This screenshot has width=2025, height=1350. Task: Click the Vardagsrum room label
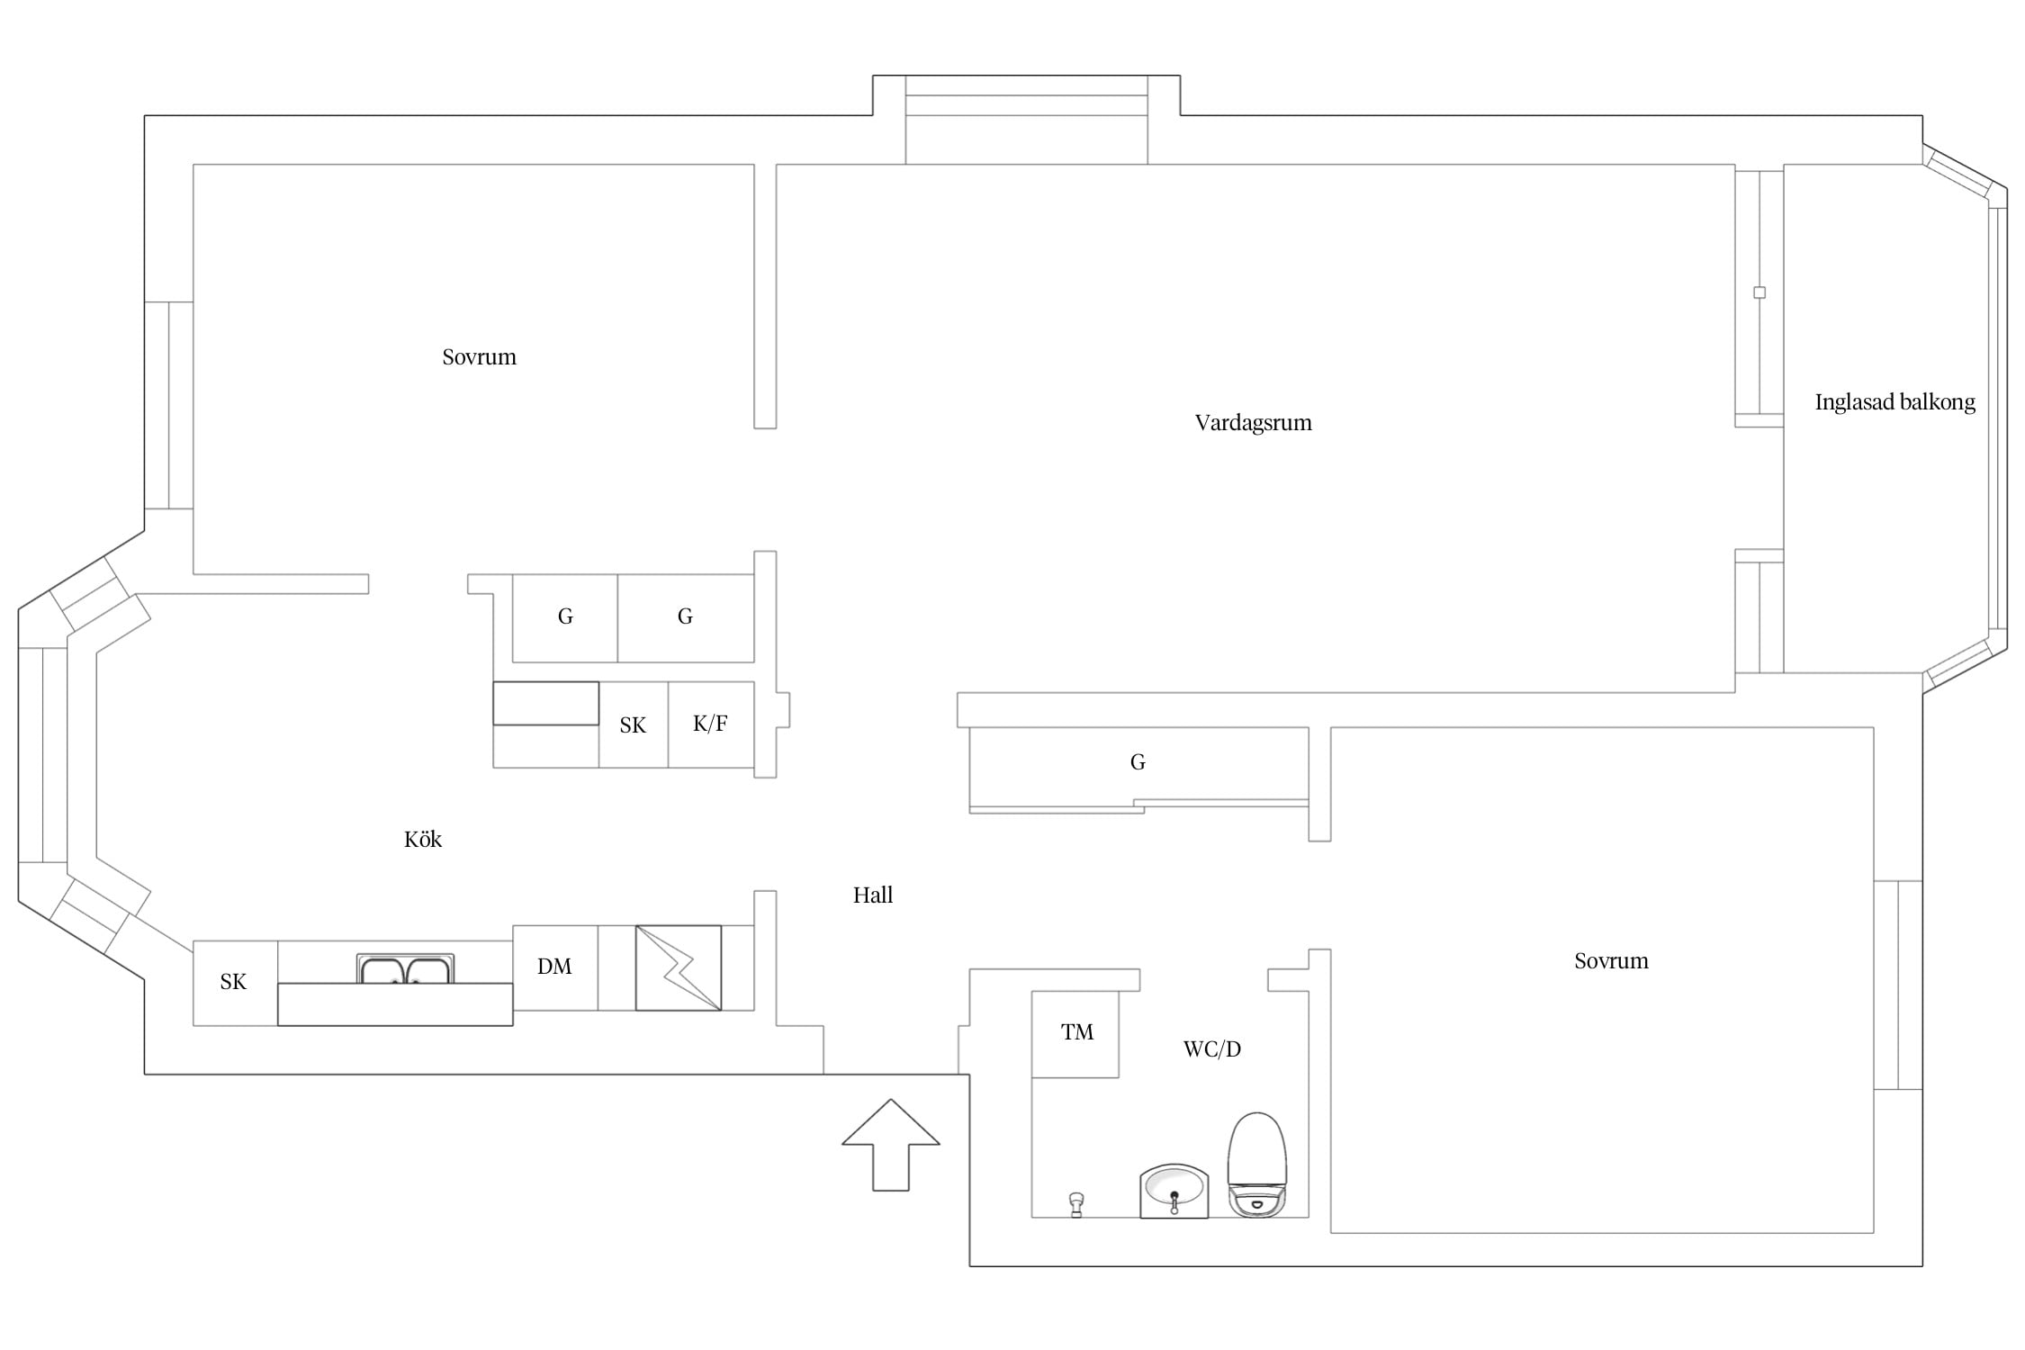1253,423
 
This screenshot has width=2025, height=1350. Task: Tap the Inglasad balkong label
1894,402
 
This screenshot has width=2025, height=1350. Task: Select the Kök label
423,840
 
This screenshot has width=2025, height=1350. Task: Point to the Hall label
873,895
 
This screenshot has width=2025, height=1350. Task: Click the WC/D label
1211,1048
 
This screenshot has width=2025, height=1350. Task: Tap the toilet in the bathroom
1257,1165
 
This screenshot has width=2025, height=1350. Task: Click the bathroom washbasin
1174,1191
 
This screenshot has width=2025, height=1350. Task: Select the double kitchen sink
405,968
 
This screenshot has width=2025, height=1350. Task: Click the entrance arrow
891,1145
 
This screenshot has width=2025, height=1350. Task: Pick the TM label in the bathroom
1077,1032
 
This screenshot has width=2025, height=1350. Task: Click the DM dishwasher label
554,967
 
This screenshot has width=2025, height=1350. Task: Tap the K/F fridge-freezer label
710,724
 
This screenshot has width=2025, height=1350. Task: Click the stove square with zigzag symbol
679,967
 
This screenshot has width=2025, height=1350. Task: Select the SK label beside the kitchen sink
233,982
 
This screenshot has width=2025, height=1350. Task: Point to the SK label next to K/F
633,725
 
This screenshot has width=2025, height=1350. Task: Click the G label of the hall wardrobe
1138,762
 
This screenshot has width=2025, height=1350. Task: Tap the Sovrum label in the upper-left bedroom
479,357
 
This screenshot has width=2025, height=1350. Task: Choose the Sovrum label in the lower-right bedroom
1611,961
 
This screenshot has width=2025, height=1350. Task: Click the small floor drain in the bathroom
1075,1204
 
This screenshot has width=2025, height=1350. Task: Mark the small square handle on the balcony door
1759,292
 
